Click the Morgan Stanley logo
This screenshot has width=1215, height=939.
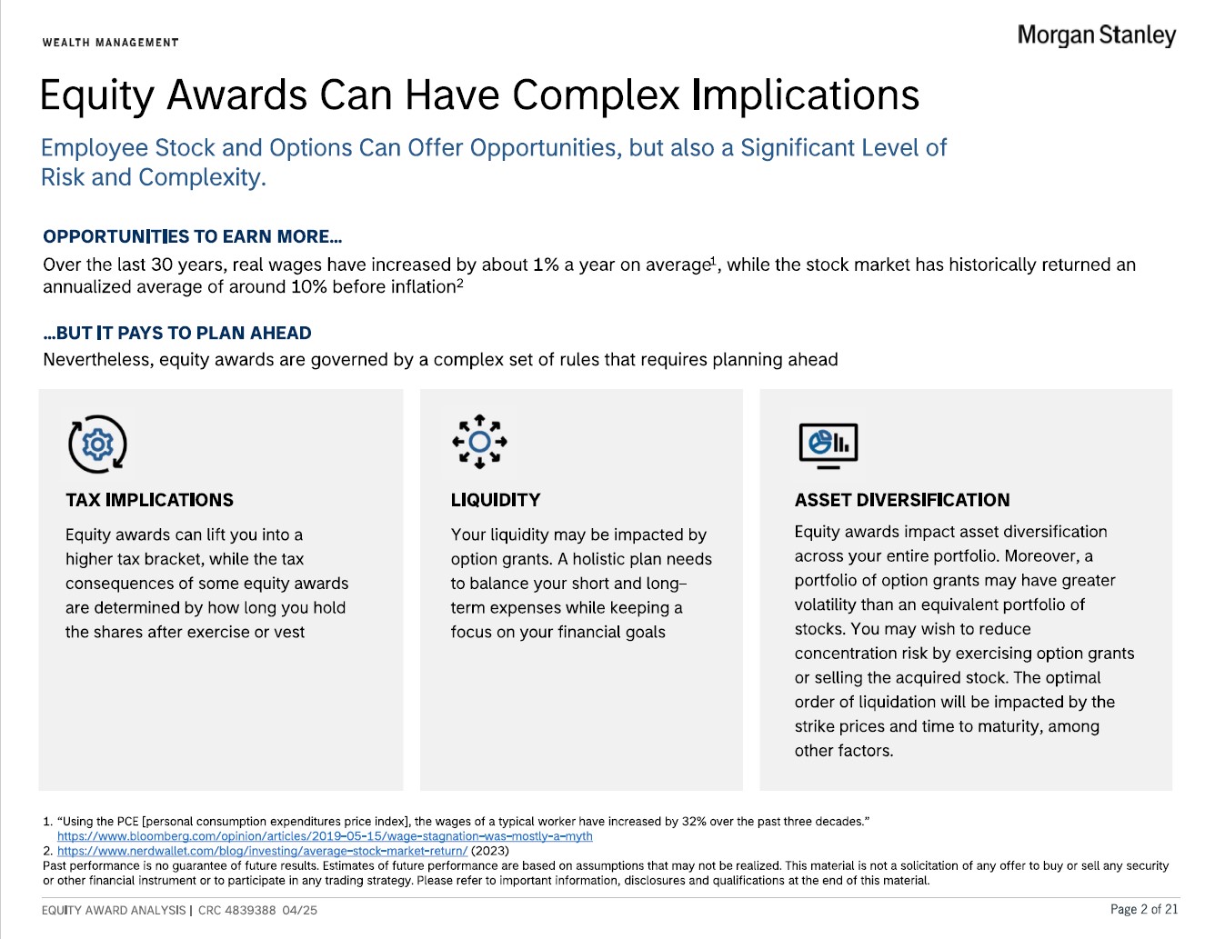coord(1097,35)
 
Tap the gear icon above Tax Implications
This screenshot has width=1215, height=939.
coord(98,445)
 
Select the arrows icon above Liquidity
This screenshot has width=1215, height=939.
coord(479,442)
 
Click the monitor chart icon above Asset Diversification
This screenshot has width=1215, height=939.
coord(828,445)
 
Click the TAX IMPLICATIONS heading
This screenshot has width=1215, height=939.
coord(149,499)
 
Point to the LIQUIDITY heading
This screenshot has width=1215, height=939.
coord(496,499)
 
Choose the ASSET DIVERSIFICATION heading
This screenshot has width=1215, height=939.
coord(902,499)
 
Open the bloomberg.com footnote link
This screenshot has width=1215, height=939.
coord(325,836)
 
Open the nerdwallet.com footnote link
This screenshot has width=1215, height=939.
coord(262,851)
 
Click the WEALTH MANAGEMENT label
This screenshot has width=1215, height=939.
coord(110,43)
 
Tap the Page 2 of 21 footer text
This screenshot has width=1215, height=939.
coord(1144,909)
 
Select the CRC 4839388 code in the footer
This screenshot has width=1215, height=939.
coord(237,910)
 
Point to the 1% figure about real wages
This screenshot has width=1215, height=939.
coord(546,265)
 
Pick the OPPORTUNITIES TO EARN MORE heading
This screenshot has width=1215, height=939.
coord(192,236)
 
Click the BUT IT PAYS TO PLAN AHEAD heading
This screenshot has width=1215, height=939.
coord(177,333)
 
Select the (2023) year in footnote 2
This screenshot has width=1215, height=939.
coord(490,851)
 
